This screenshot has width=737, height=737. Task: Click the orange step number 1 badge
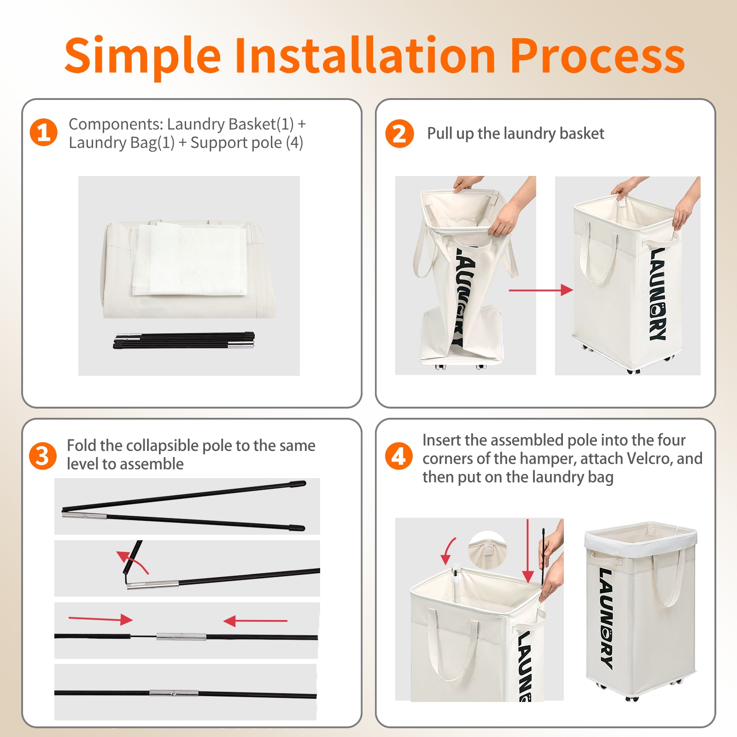(43, 133)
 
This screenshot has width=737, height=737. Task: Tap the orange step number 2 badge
(399, 134)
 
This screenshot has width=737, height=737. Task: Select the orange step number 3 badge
(42, 456)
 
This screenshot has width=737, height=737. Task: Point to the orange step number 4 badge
(398, 456)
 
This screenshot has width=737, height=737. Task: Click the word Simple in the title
(143, 57)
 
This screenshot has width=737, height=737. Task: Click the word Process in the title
(598, 56)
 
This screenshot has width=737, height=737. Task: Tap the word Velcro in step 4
(649, 458)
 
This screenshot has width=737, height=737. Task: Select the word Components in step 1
(116, 125)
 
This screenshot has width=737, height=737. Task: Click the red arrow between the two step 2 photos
(541, 290)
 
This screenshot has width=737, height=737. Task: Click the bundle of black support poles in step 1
(184, 340)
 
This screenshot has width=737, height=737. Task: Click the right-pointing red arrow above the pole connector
(100, 619)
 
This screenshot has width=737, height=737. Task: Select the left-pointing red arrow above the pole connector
(255, 621)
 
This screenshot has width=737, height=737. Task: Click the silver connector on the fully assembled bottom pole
(174, 693)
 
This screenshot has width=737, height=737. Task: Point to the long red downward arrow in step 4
(528, 551)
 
